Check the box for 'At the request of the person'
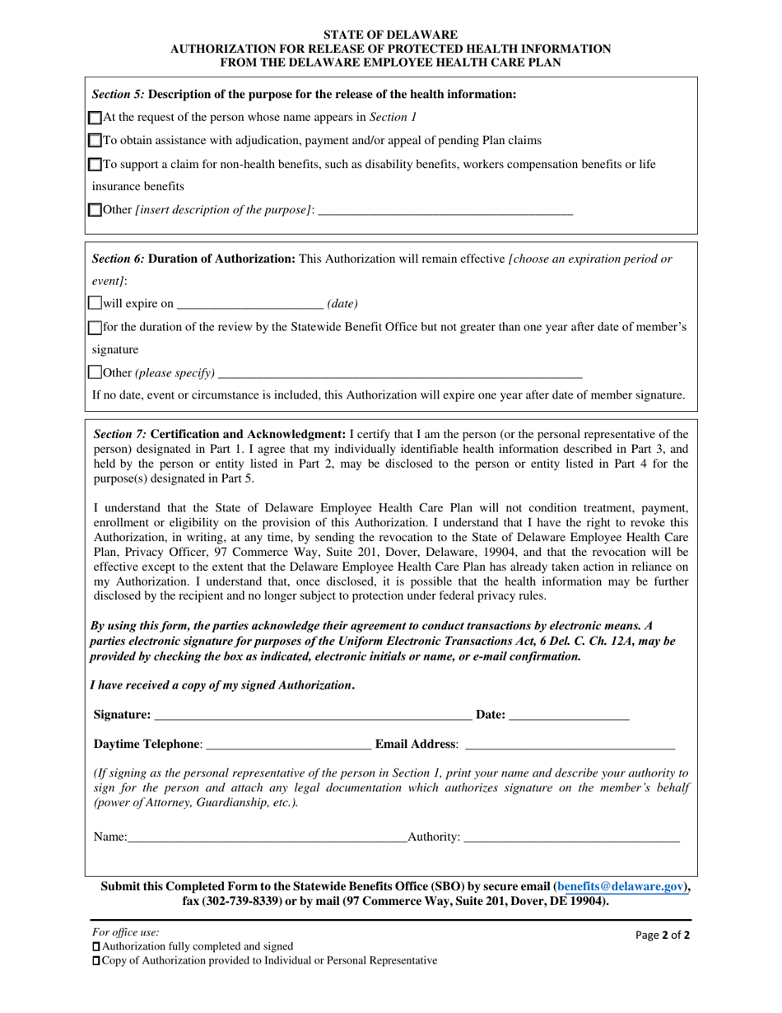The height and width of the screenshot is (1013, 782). pos(95,118)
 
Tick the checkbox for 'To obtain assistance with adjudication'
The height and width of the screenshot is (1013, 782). pos(95,141)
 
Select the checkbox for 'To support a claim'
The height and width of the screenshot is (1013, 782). pos(95,165)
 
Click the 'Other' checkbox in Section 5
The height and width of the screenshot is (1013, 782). pos(95,211)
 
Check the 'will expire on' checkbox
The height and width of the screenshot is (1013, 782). pos(95,304)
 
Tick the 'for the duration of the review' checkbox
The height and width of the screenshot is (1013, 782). pos(95,328)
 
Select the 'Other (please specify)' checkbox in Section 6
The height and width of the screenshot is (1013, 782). pos(95,374)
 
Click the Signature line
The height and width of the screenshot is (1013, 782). pos(313,717)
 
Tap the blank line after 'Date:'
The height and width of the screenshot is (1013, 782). pos(569,717)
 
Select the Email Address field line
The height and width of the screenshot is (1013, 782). pos(570,745)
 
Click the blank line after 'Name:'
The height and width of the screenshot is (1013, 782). pos(268,838)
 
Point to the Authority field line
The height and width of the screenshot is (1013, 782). pos(572,838)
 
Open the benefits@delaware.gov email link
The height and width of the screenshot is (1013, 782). pos(621,887)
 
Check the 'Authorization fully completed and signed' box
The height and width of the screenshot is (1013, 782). pos(95,947)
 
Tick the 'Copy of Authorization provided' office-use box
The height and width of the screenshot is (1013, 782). pos(95,961)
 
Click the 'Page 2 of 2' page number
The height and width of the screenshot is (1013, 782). pos(657,935)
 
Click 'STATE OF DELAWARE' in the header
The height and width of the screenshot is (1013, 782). pos(390,35)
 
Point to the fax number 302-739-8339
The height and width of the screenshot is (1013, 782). pos(247,901)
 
